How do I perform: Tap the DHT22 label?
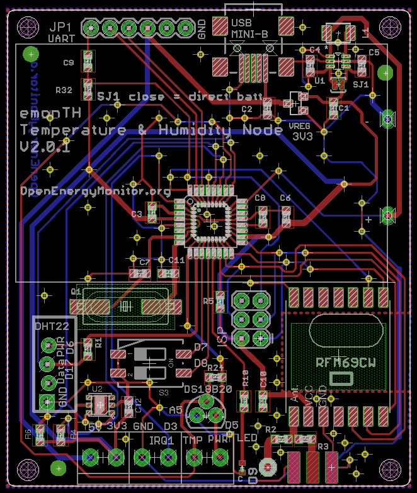pyautogui.click(x=52, y=327)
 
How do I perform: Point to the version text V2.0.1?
pyautogui.click(x=44, y=146)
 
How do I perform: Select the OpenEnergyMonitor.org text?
pyautogui.click(x=96, y=191)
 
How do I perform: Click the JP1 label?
pyautogui.click(x=60, y=28)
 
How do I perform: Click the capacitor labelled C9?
pyautogui.click(x=88, y=62)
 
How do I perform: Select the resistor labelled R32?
pyautogui.click(x=88, y=88)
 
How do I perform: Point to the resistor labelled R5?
pyautogui.click(x=220, y=302)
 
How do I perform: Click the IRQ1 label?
pyautogui.click(x=162, y=440)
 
